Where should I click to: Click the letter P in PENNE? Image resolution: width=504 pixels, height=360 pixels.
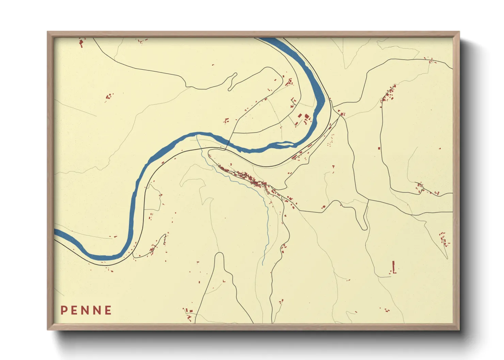coord(64,310)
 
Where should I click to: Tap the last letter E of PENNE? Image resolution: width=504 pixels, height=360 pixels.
coord(108,310)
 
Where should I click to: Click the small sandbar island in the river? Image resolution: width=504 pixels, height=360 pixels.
coord(285,145)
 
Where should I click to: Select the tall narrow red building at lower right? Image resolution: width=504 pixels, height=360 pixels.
coord(394,267)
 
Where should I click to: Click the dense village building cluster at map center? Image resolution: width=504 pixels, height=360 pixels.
coord(250,179)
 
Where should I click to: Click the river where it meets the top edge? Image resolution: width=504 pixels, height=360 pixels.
coord(269,39)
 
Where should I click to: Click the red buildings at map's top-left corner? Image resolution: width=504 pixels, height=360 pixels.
coord(81,43)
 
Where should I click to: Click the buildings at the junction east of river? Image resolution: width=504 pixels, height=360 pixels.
coord(341,113)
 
